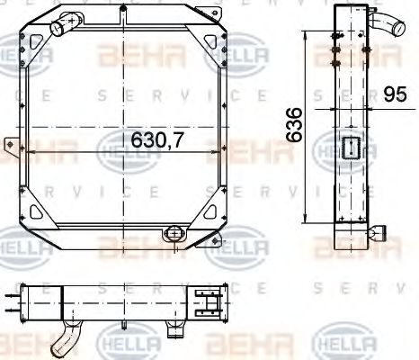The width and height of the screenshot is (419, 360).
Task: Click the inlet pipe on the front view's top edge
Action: (62, 29)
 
